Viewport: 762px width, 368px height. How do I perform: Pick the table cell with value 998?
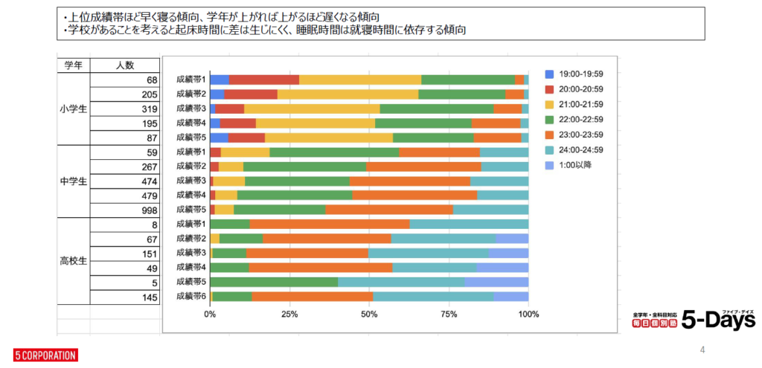[x=124, y=210]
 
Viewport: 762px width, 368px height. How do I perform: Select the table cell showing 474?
[x=124, y=181]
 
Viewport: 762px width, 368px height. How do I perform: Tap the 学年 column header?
[x=74, y=65]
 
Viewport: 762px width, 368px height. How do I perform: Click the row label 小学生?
[x=74, y=109]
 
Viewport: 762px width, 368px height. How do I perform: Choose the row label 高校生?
[x=74, y=261]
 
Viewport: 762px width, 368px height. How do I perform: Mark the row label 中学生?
[x=74, y=181]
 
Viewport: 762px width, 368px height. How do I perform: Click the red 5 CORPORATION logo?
[x=45, y=355]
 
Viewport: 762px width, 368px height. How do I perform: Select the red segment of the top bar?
[x=263, y=80]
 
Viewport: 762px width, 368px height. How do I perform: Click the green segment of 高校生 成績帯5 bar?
[x=274, y=282]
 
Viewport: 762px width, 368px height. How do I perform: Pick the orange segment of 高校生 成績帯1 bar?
[x=329, y=224]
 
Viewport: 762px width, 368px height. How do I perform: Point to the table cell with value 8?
[x=124, y=225]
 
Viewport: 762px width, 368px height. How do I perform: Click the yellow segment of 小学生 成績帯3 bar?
[x=312, y=109]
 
